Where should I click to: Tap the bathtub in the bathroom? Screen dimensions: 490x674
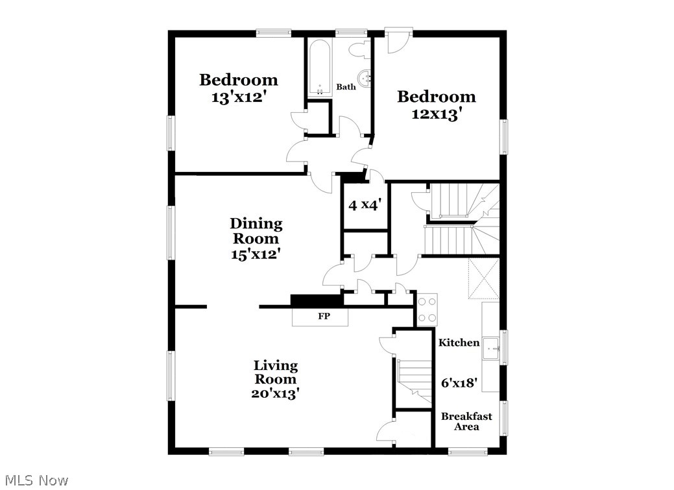tap(319, 68)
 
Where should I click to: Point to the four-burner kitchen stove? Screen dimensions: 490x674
tap(426, 308)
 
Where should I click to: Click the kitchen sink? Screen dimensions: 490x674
tap(492, 349)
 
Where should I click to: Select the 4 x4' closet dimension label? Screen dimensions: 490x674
tap(365, 205)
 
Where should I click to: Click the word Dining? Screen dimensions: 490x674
tap(256, 224)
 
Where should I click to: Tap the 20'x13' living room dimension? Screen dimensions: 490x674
tap(275, 393)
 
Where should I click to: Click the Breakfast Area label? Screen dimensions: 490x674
tap(466, 421)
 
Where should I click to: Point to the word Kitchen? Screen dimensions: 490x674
tap(459, 343)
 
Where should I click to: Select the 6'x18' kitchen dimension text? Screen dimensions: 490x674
tap(459, 383)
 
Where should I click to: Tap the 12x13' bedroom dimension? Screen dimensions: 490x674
tap(437, 114)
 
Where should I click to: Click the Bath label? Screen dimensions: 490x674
tap(346, 86)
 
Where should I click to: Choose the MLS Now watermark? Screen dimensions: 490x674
tap(35, 480)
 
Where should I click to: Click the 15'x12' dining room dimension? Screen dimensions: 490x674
tap(256, 254)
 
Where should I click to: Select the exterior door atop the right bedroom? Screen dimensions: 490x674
tap(397, 41)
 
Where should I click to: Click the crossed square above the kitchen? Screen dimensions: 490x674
tap(483, 278)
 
